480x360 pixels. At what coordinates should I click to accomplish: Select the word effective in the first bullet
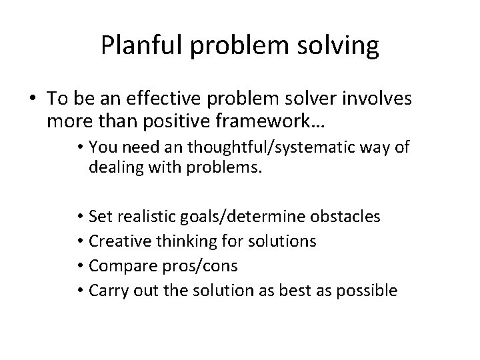click(x=159, y=99)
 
